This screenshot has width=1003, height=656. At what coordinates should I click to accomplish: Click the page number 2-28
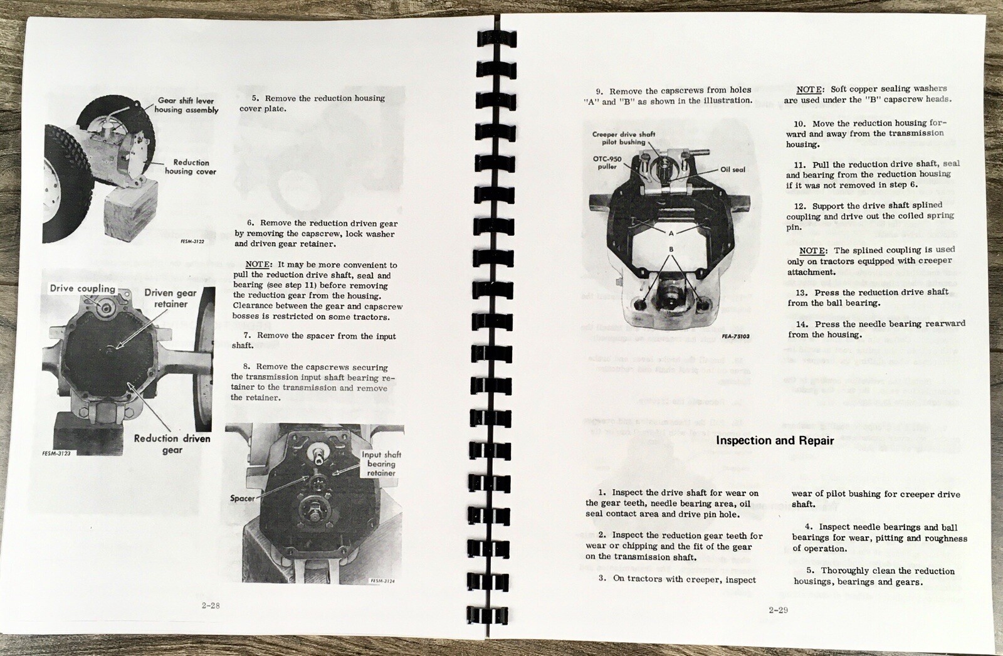[211, 605]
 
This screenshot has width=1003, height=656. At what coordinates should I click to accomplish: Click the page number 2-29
[778, 610]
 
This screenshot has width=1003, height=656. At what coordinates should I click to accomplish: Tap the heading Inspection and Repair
[775, 440]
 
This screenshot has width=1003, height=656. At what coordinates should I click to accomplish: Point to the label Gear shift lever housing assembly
[186, 105]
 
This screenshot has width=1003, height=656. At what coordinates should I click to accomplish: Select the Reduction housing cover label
[191, 167]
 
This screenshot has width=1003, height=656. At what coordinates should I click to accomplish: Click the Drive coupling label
[82, 288]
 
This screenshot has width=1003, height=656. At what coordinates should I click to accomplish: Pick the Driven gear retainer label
[171, 299]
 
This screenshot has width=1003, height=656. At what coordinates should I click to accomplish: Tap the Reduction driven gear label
[172, 443]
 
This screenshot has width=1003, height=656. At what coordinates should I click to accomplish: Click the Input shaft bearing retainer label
[381, 463]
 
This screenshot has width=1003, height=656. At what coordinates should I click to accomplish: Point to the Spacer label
[242, 499]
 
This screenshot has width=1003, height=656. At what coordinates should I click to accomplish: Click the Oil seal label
[733, 169]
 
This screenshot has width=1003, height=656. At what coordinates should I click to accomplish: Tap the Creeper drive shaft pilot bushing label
[623, 138]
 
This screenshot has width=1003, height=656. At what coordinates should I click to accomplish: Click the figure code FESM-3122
[192, 241]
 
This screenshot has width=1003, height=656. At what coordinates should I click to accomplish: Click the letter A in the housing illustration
[671, 233]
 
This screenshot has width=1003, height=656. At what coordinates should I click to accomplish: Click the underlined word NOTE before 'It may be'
[258, 265]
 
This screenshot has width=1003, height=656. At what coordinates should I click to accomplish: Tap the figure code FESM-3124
[382, 581]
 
